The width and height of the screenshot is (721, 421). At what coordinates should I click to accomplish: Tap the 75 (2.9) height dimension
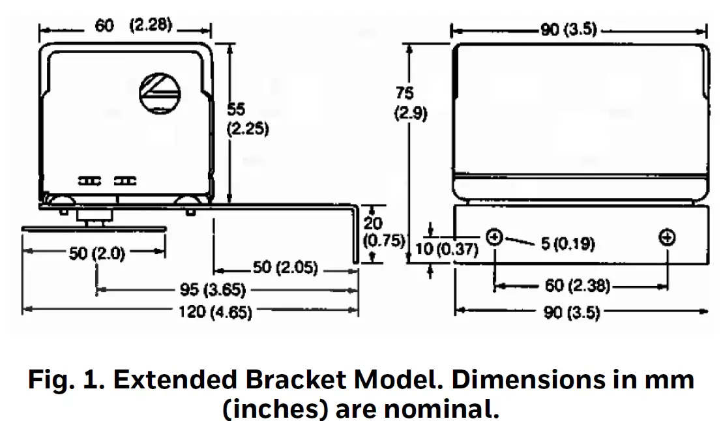click(410, 103)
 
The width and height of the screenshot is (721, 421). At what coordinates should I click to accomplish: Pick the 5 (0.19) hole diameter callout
click(567, 244)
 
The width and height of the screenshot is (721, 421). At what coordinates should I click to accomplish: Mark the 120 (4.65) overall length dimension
click(215, 312)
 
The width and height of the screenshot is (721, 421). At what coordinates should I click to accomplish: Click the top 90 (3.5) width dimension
click(568, 30)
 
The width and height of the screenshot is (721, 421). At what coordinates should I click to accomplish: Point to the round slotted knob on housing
click(160, 91)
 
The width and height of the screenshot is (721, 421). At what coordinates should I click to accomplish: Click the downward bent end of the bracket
click(355, 238)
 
